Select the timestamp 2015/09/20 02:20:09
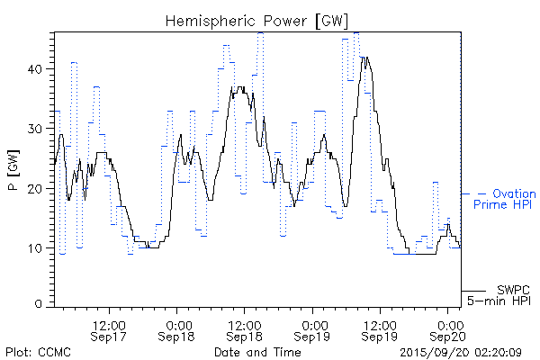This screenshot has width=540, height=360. [x=461, y=351]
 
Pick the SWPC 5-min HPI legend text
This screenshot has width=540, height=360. [x=502, y=294]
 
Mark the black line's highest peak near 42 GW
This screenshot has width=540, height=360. [x=364, y=57]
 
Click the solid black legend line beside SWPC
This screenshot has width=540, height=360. [x=474, y=291]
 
